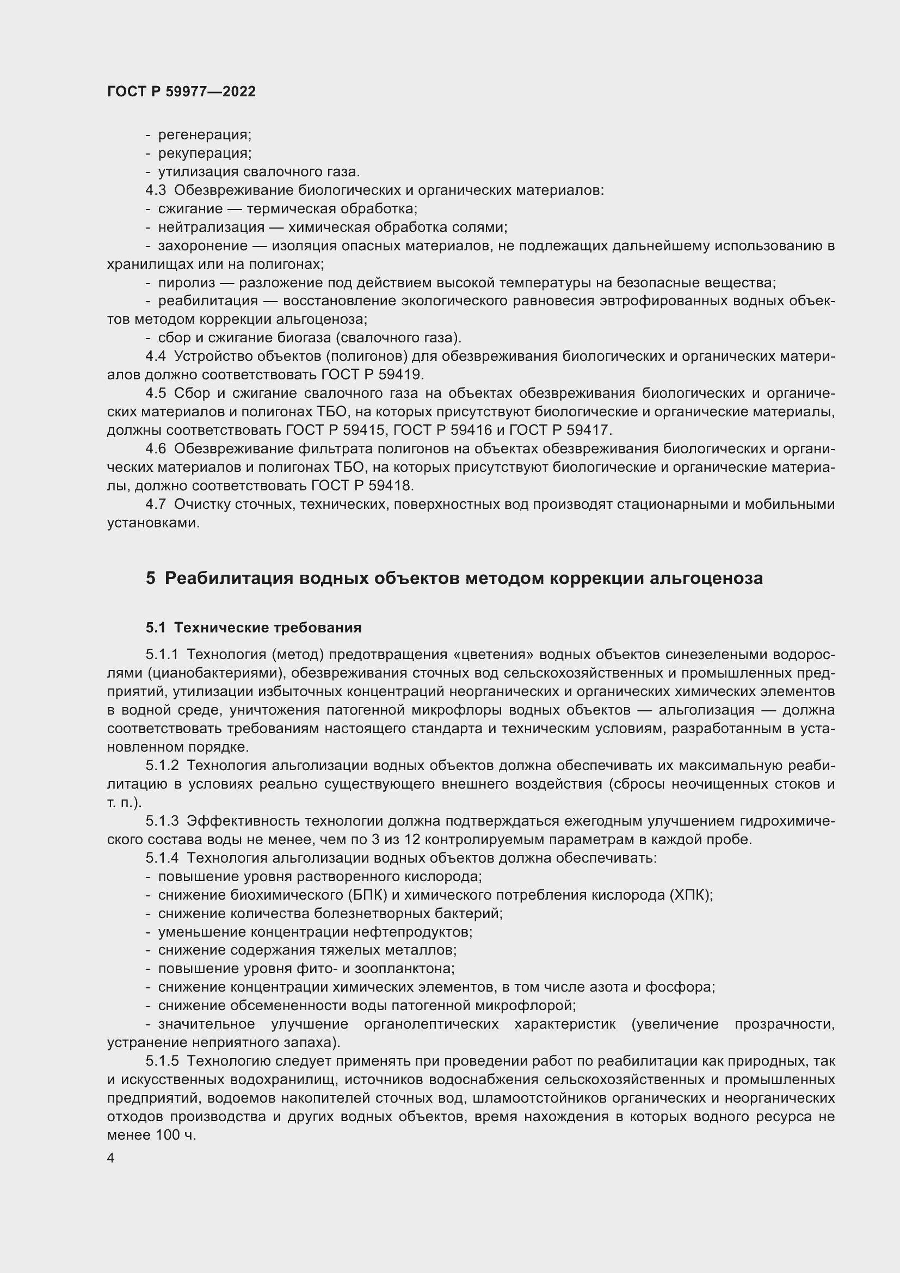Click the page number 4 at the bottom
(x=111, y=1158)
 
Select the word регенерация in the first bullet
(x=204, y=135)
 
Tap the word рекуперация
(x=205, y=153)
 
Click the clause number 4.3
(x=156, y=190)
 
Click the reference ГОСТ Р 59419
(x=372, y=375)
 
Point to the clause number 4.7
(x=156, y=505)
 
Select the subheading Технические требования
(x=268, y=628)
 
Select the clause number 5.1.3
(x=162, y=821)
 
